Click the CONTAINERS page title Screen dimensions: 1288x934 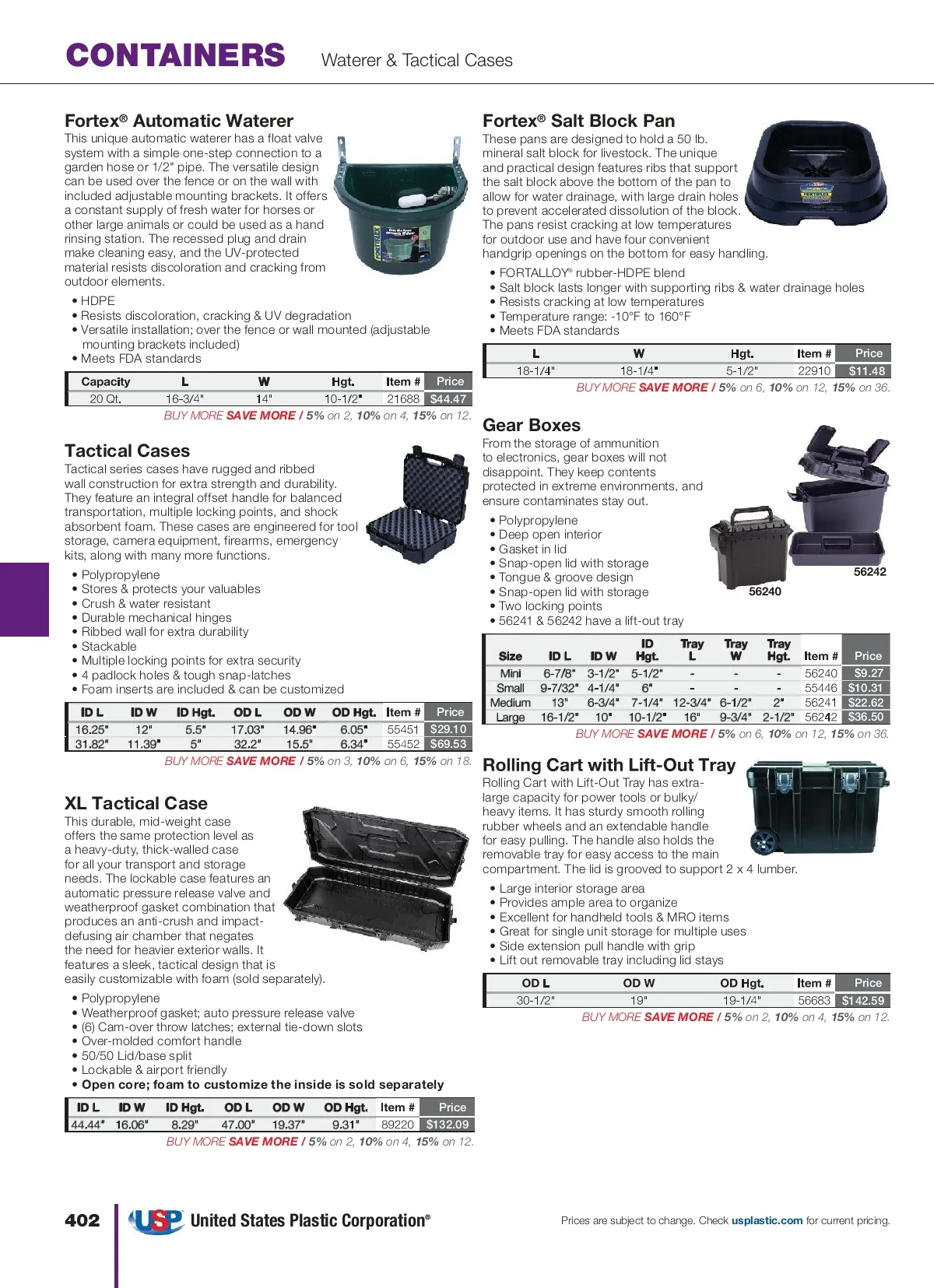(x=176, y=55)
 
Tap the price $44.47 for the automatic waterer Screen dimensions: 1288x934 (x=448, y=398)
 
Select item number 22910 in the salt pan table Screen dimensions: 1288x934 (x=814, y=371)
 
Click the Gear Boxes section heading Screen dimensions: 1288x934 (x=532, y=425)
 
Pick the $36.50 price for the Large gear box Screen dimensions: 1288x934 (x=866, y=717)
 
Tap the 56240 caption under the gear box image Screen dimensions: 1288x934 (x=764, y=591)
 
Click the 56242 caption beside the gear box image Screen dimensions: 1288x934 (x=869, y=571)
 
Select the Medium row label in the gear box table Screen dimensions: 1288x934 (x=510, y=703)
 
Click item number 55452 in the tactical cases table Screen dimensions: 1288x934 (x=403, y=744)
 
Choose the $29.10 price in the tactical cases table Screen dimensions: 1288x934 (x=448, y=729)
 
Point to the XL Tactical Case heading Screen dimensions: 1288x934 (x=136, y=803)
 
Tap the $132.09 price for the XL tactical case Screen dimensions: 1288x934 (x=448, y=1125)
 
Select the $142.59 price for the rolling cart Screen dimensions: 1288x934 (x=863, y=1001)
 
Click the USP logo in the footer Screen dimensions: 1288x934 (x=156, y=1220)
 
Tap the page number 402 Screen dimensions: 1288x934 (x=82, y=1220)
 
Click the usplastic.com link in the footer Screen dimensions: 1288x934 (x=767, y=1220)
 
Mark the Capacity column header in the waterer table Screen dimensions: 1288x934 (x=106, y=381)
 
